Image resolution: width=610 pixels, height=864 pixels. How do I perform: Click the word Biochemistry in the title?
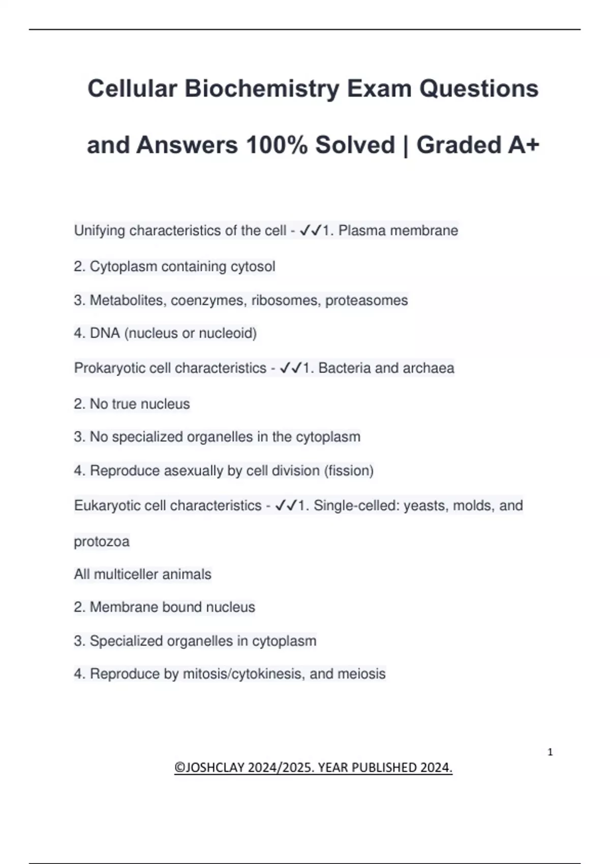point(262,88)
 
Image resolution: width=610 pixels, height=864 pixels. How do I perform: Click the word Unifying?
point(100,231)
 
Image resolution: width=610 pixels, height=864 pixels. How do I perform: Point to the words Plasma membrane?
point(398,231)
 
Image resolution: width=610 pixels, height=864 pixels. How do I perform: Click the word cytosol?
point(253,266)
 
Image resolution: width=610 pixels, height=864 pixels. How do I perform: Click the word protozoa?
point(102,542)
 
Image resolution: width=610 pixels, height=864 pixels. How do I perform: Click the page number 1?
point(550,752)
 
